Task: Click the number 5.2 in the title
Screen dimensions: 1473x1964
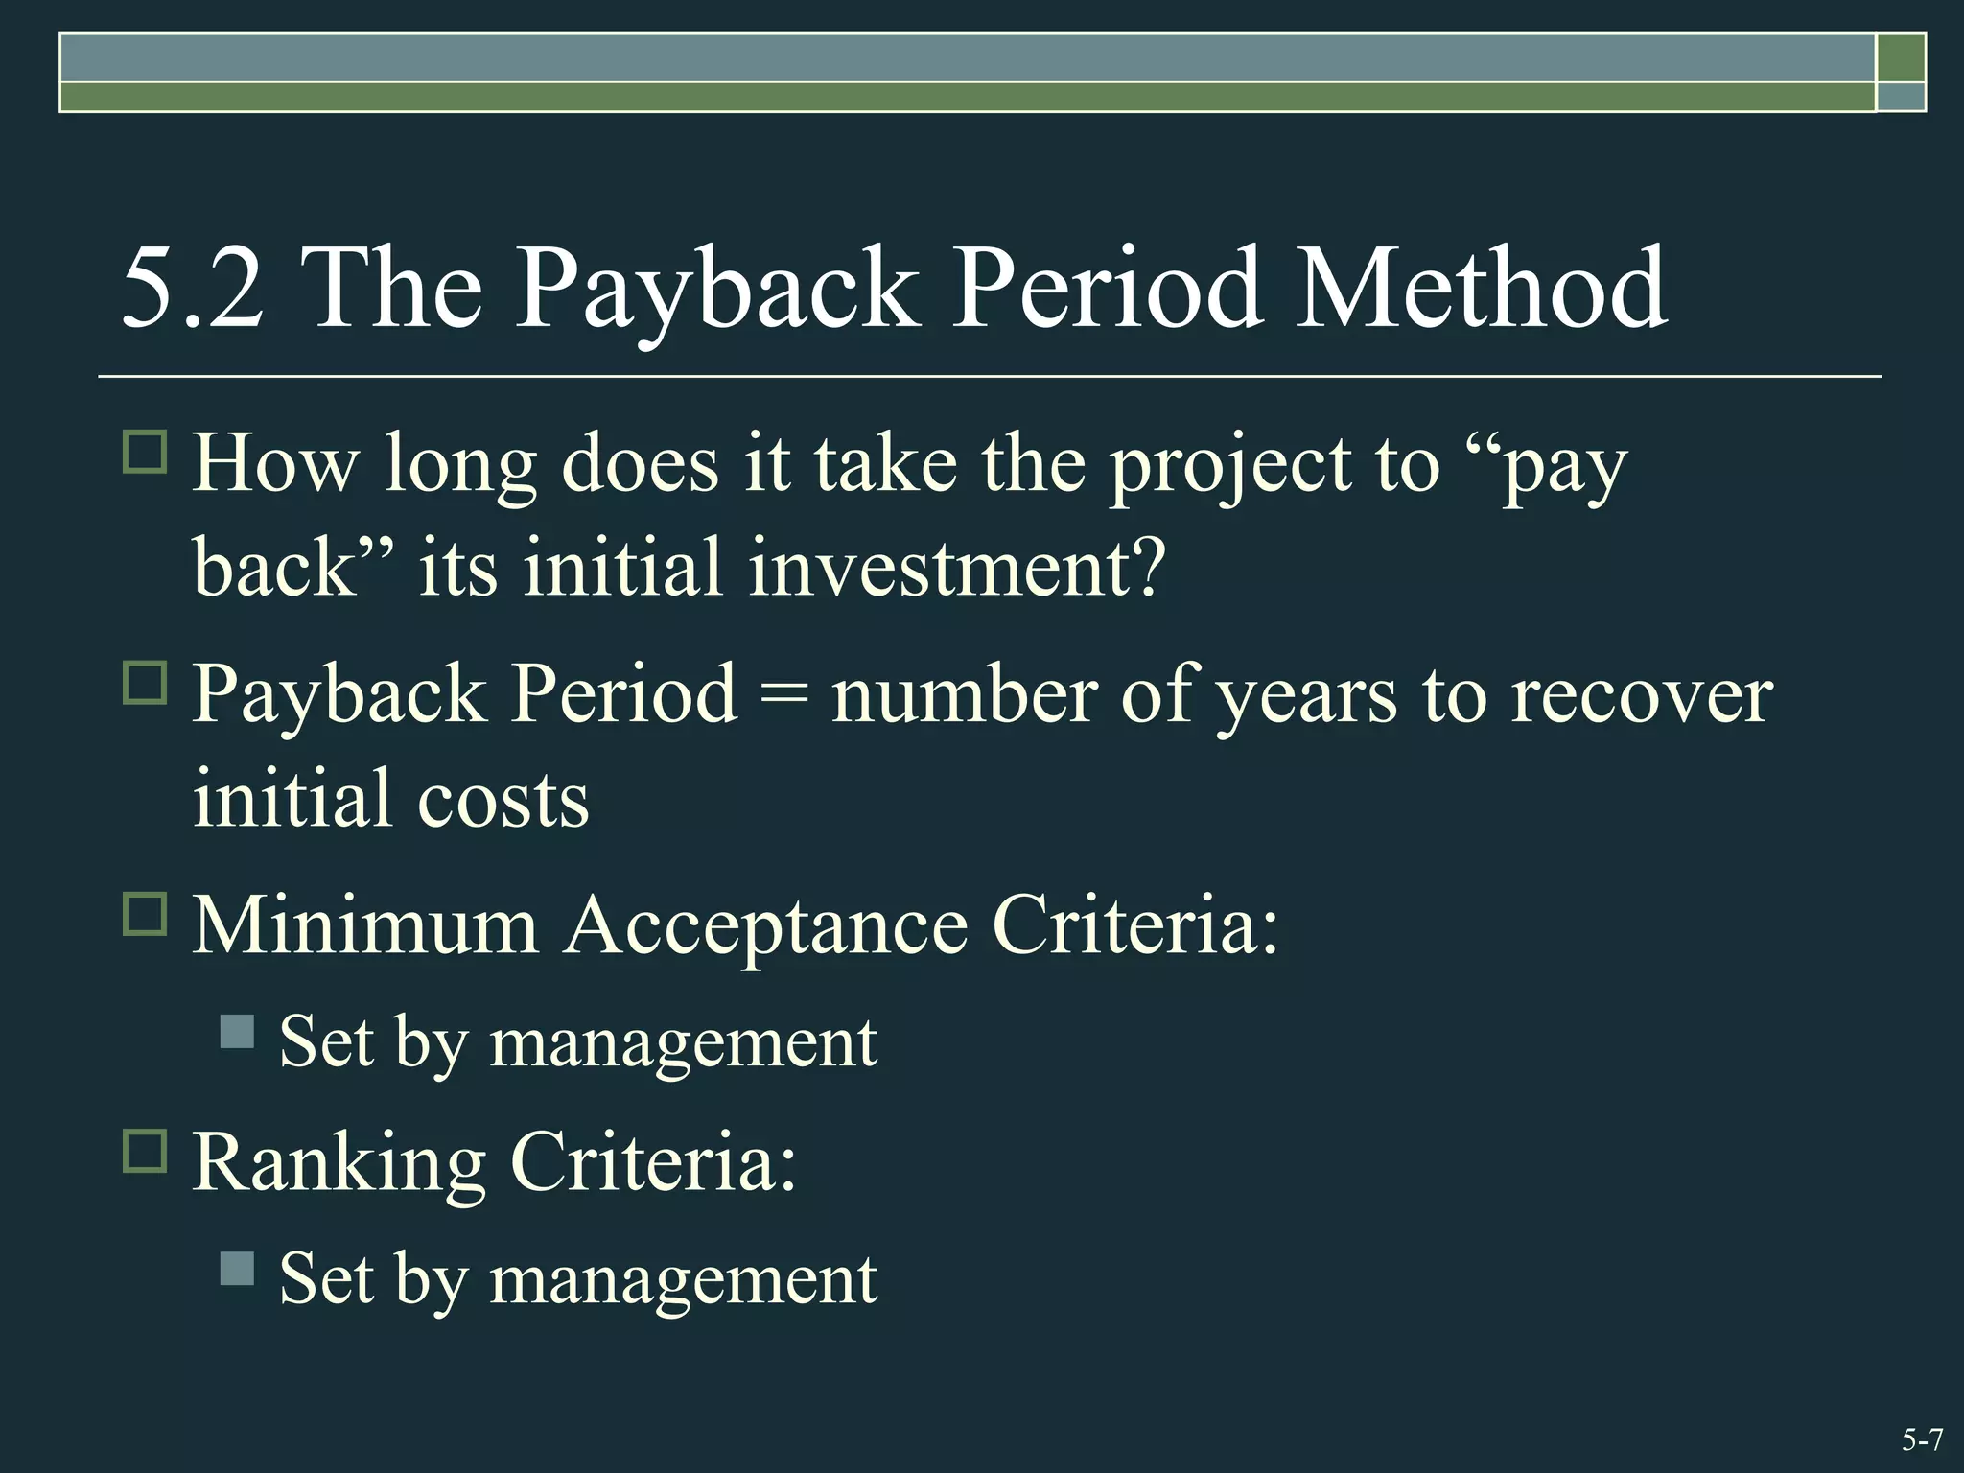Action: [x=192, y=289]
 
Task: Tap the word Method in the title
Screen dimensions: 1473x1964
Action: [x=1481, y=289]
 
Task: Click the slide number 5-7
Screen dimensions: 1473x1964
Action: [x=1922, y=1440]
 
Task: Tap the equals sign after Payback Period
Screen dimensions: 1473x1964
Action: [x=783, y=695]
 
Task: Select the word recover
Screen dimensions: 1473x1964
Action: [x=1642, y=695]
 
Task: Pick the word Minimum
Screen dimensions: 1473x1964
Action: [x=365, y=926]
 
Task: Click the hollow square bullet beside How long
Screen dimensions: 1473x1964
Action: [x=145, y=451]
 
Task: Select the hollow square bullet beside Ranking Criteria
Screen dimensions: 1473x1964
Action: [x=145, y=1150]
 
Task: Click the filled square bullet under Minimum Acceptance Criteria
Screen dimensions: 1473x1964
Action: [x=237, y=1032]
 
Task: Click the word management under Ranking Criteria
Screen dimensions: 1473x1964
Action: [x=683, y=1281]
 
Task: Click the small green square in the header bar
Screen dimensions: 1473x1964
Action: [x=1901, y=58]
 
